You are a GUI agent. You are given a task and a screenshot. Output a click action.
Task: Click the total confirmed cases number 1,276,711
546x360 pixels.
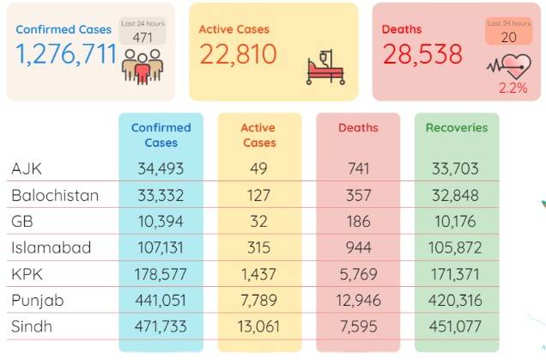(66, 54)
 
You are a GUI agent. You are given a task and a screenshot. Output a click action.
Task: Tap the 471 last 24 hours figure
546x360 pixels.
(143, 37)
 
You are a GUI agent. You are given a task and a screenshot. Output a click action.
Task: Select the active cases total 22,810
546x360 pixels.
(238, 54)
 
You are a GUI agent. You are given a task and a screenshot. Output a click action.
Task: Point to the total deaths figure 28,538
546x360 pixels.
(422, 54)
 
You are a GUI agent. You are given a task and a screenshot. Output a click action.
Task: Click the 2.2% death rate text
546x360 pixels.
(513, 88)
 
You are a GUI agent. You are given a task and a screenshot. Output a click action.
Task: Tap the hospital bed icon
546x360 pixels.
(325, 67)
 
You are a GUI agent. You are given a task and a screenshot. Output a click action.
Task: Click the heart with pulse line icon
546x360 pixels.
(509, 66)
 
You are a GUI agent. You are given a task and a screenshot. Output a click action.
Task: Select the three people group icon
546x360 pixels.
(143, 66)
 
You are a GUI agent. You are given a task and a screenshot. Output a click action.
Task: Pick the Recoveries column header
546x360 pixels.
(457, 127)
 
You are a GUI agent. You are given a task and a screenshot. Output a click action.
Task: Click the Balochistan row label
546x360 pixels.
(55, 195)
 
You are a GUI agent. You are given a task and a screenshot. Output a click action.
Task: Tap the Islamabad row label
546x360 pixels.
(52, 247)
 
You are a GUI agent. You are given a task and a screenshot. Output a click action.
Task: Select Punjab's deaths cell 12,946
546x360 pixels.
(358, 301)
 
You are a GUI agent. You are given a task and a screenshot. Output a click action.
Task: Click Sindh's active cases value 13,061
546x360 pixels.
(258, 326)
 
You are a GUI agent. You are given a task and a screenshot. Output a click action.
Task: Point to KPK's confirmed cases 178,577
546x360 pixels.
(161, 274)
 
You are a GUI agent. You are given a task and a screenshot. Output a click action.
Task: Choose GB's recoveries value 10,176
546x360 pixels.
(455, 222)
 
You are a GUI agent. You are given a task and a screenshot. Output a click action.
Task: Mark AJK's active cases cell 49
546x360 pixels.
(258, 168)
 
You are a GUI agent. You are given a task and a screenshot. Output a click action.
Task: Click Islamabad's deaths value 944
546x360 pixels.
(358, 247)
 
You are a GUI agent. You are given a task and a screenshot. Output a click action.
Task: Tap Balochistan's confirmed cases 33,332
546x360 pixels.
(161, 195)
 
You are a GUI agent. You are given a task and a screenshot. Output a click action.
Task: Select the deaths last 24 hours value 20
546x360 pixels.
(508, 37)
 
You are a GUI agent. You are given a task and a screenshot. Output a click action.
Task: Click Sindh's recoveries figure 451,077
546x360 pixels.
(455, 326)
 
